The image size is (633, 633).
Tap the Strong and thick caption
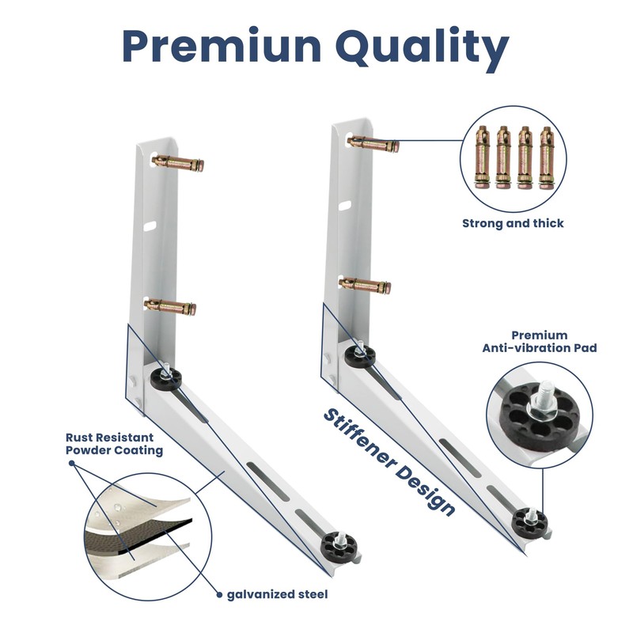[x=513, y=224]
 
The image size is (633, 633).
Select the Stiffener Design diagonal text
[x=389, y=463]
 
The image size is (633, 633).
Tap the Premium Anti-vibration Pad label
[x=540, y=341]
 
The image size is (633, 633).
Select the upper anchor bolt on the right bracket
[x=373, y=144]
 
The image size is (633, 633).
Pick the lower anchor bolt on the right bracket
[x=365, y=285]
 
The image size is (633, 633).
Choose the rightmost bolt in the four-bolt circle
[x=546, y=156]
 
